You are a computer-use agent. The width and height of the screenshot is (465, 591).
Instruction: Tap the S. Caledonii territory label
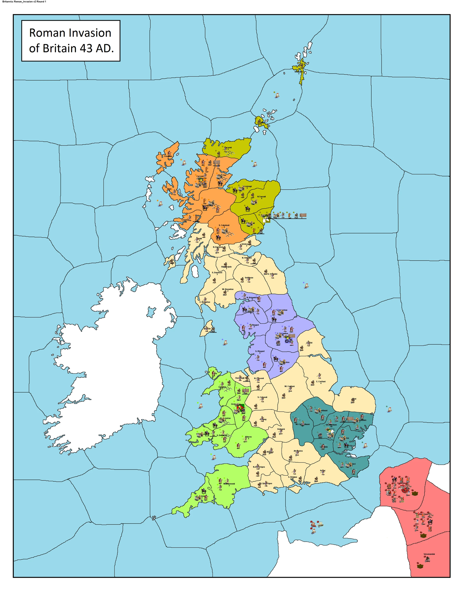pos(224,225)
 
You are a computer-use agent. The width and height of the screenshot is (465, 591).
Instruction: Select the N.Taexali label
pos(261,196)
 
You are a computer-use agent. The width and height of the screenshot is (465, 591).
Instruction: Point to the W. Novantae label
pos(228,289)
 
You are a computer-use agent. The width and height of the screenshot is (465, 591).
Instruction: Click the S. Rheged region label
pos(260,351)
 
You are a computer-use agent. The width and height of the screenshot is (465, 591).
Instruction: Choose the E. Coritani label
pos(321,381)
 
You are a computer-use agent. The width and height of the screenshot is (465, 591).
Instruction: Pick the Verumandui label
pos(429,554)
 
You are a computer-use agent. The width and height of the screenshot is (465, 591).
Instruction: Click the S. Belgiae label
pos(293,477)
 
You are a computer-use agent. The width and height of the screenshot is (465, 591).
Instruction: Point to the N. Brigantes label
pos(252,298)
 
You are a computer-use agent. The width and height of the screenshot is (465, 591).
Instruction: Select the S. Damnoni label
pos(217,272)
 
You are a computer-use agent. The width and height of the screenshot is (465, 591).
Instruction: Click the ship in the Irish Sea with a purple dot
pos(225,343)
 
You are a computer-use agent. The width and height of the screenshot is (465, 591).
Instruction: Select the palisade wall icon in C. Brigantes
pos(292,336)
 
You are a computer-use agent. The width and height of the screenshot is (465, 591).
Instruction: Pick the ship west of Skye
pos(161,204)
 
